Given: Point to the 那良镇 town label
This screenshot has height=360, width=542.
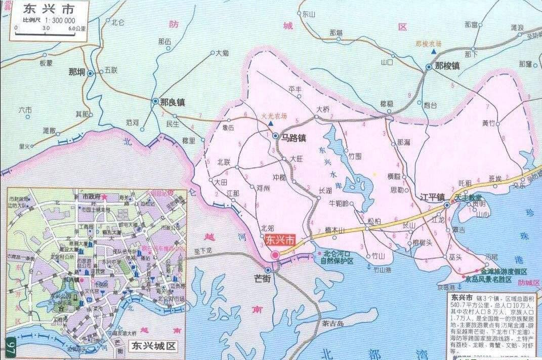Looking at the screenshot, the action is pyautogui.click(x=172, y=102).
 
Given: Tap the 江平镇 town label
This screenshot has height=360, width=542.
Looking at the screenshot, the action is pyautogui.click(x=432, y=197).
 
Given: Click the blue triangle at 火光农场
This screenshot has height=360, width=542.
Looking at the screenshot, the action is pyautogui.click(x=271, y=124).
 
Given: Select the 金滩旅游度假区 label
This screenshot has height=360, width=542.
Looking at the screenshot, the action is pyautogui.click(x=504, y=271).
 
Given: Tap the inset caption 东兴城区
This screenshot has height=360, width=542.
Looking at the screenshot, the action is pyautogui.click(x=152, y=346).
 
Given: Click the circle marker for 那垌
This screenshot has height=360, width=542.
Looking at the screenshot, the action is pyautogui.click(x=91, y=73).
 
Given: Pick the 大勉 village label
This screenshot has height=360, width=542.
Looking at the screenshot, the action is pyautogui.click(x=222, y=52).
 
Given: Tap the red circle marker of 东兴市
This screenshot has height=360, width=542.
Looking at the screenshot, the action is pyautogui.click(x=275, y=255).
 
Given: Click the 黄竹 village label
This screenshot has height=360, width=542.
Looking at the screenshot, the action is pyautogui.click(x=489, y=123).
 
